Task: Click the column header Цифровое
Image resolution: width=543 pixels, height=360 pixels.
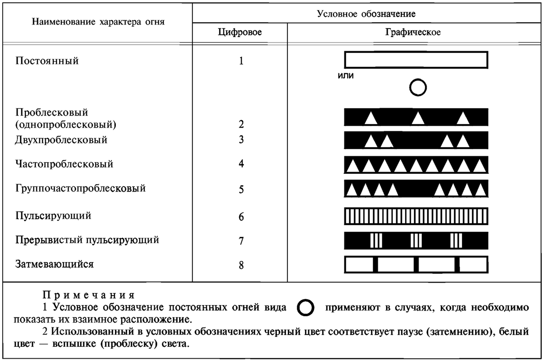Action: pyautogui.click(x=240, y=32)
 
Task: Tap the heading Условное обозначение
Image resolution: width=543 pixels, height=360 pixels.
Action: pyautogui.click(x=367, y=14)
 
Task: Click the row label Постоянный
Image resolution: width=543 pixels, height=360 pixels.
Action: pyautogui.click(x=47, y=61)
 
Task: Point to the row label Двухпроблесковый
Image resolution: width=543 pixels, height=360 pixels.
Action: pyautogui.click(x=61, y=139)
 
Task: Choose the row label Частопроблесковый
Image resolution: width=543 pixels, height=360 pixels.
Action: pyautogui.click(x=64, y=164)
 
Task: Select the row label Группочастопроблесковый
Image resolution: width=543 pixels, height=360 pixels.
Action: pyautogui.click(x=81, y=188)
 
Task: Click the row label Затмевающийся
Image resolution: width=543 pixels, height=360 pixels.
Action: pyautogui.click(x=54, y=264)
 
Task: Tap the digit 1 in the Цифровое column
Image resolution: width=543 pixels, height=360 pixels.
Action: pyautogui.click(x=241, y=61)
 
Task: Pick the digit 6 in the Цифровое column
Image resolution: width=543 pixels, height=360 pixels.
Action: pyautogui.click(x=242, y=217)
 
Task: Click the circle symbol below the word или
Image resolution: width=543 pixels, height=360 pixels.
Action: pyautogui.click(x=418, y=88)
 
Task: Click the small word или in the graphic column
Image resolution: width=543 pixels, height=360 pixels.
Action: pyautogui.click(x=346, y=76)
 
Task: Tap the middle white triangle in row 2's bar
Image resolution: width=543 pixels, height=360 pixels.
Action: pyautogui.click(x=418, y=118)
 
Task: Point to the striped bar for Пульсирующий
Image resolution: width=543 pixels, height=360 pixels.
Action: pyautogui.click(x=416, y=216)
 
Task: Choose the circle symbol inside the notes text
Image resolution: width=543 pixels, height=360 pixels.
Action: pyautogui.click(x=306, y=308)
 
